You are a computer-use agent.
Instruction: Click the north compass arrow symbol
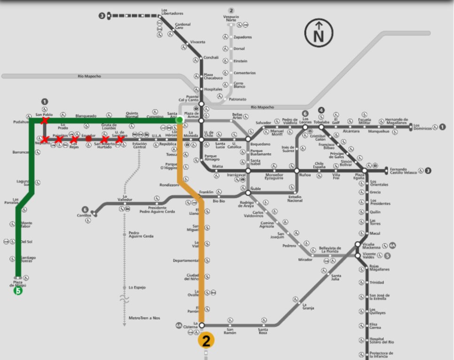pyautogui.click(x=319, y=32)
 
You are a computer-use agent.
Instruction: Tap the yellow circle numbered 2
pyautogui.click(x=206, y=340)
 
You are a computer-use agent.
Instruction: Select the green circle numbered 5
pyautogui.click(x=18, y=291)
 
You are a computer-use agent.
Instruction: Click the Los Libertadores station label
pyautogui.click(x=172, y=12)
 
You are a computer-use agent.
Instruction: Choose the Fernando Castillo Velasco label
pyautogui.click(x=406, y=171)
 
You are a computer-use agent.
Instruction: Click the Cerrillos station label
pyautogui.click(x=84, y=216)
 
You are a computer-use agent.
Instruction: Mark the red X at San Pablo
pyautogui.click(x=44, y=121)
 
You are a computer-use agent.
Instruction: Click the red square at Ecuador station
pyautogui.click(x=88, y=139)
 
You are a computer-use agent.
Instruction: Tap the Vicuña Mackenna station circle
pyautogui.click(x=358, y=244)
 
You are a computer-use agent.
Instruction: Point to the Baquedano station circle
pyautogui.click(x=248, y=139)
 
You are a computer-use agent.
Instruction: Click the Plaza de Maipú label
pyautogui.click(x=17, y=284)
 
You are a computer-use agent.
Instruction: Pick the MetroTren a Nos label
pyautogui.click(x=144, y=318)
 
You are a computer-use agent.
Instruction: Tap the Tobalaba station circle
pyautogui.click(x=321, y=127)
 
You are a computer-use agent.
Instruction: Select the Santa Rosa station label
pyautogui.click(x=263, y=331)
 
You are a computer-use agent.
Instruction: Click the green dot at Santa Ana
pyautogui.click(x=179, y=120)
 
